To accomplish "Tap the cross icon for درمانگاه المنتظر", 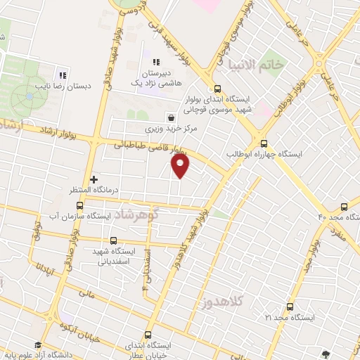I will coord(94,180).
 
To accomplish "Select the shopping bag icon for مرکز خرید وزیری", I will coord(171,117).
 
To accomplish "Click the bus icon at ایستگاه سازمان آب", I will coord(79,206).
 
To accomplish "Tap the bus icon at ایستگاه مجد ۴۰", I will coord(344,207).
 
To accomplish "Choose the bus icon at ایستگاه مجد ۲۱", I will coord(290,307).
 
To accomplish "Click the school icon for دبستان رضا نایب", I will coord(63,75).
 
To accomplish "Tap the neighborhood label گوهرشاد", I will coord(139,213).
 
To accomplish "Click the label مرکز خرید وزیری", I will coord(173,129).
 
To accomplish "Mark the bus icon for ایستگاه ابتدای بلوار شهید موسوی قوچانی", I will coord(217,89).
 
